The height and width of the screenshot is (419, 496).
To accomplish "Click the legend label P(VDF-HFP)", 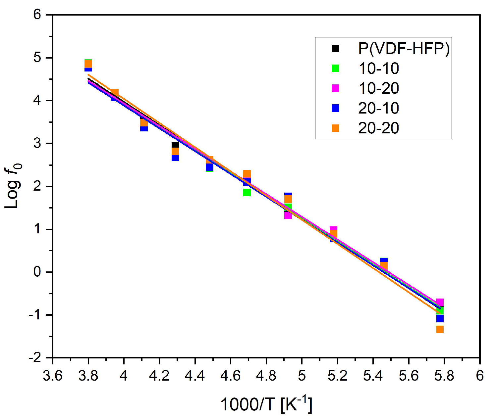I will coord(404,49).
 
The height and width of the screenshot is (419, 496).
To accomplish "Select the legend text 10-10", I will coord(378,69).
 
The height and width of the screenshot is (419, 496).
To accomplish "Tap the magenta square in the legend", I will coord(336,88).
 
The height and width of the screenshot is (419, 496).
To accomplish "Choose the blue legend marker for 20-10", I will coord(336,108).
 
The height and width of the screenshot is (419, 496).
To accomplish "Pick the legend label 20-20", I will coord(378,128).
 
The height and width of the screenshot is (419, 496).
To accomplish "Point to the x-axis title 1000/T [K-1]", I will coord(266,404).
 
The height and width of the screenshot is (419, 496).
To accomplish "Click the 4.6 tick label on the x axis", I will coord(231,376).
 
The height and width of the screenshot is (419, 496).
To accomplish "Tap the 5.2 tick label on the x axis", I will coord(337,376).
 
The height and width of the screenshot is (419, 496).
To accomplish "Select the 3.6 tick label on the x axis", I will coord(53,376).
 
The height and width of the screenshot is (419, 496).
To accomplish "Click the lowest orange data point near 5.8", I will coord(440,329).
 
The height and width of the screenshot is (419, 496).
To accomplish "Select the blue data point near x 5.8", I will coord(440,319).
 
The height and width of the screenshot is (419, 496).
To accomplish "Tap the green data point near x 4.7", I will coord(247,193).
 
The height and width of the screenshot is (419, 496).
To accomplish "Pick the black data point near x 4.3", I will coord(175,145).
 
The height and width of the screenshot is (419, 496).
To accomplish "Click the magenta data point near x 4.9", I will coord(288,216).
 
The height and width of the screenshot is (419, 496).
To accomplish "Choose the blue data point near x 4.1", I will coord(144,128).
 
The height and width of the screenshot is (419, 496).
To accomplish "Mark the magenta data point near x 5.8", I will coord(440,302).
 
